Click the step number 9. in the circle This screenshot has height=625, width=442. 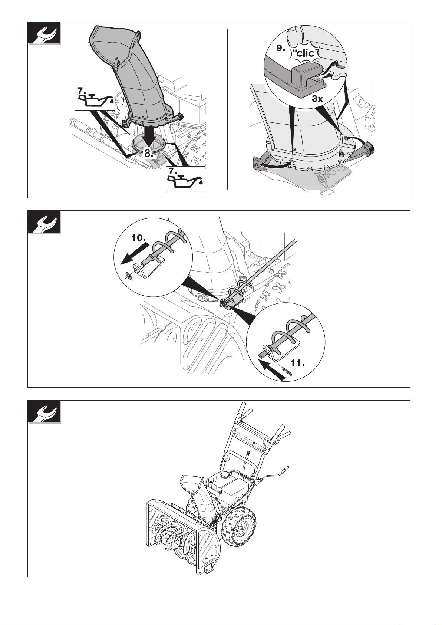pos(281,48)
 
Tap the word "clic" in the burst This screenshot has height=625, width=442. pos(305,53)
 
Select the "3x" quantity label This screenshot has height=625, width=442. pos(317,99)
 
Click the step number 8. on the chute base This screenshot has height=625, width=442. pos(148,153)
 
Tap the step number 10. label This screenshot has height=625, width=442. pos(139,238)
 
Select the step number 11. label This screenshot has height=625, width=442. pos(297,363)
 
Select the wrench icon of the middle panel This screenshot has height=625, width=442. pos(44,222)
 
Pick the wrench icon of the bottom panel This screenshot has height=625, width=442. pos(44,412)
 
